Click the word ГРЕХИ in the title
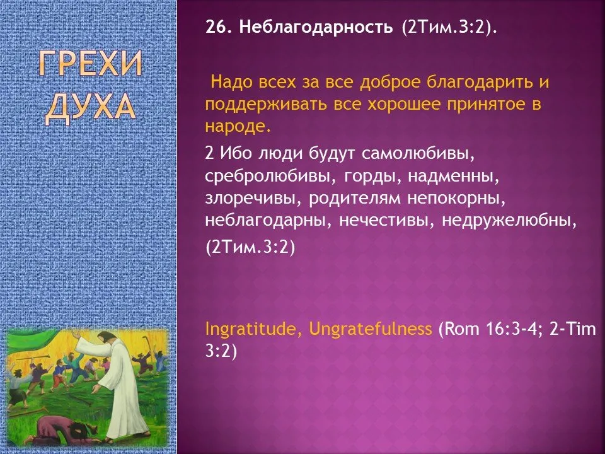(x=90, y=64)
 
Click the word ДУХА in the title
(x=90, y=107)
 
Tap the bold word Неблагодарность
(x=316, y=27)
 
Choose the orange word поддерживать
(x=266, y=105)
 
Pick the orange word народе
(x=238, y=127)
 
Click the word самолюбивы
(x=417, y=154)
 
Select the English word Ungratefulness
(x=371, y=329)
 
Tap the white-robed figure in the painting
(x=119, y=382)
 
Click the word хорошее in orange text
(x=403, y=105)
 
